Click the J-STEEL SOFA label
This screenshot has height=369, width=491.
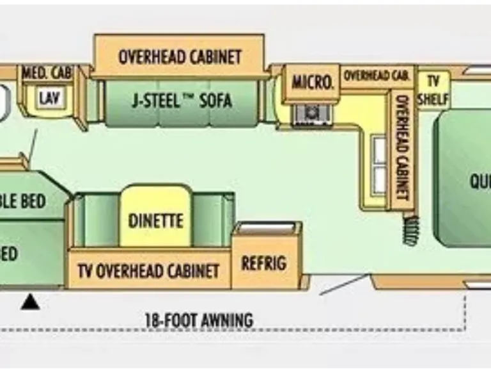182,101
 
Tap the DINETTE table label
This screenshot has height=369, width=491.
155,220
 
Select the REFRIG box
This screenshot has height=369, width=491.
263,263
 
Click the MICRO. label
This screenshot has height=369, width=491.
312,82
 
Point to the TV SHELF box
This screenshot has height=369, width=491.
433,90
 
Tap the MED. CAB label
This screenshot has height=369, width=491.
47,72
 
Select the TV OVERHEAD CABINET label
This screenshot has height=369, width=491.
148,270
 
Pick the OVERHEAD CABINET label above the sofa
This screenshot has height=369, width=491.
180,56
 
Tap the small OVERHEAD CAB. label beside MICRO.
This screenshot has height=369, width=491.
376,75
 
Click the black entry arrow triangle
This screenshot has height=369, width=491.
30,301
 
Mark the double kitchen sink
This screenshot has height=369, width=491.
380,165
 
